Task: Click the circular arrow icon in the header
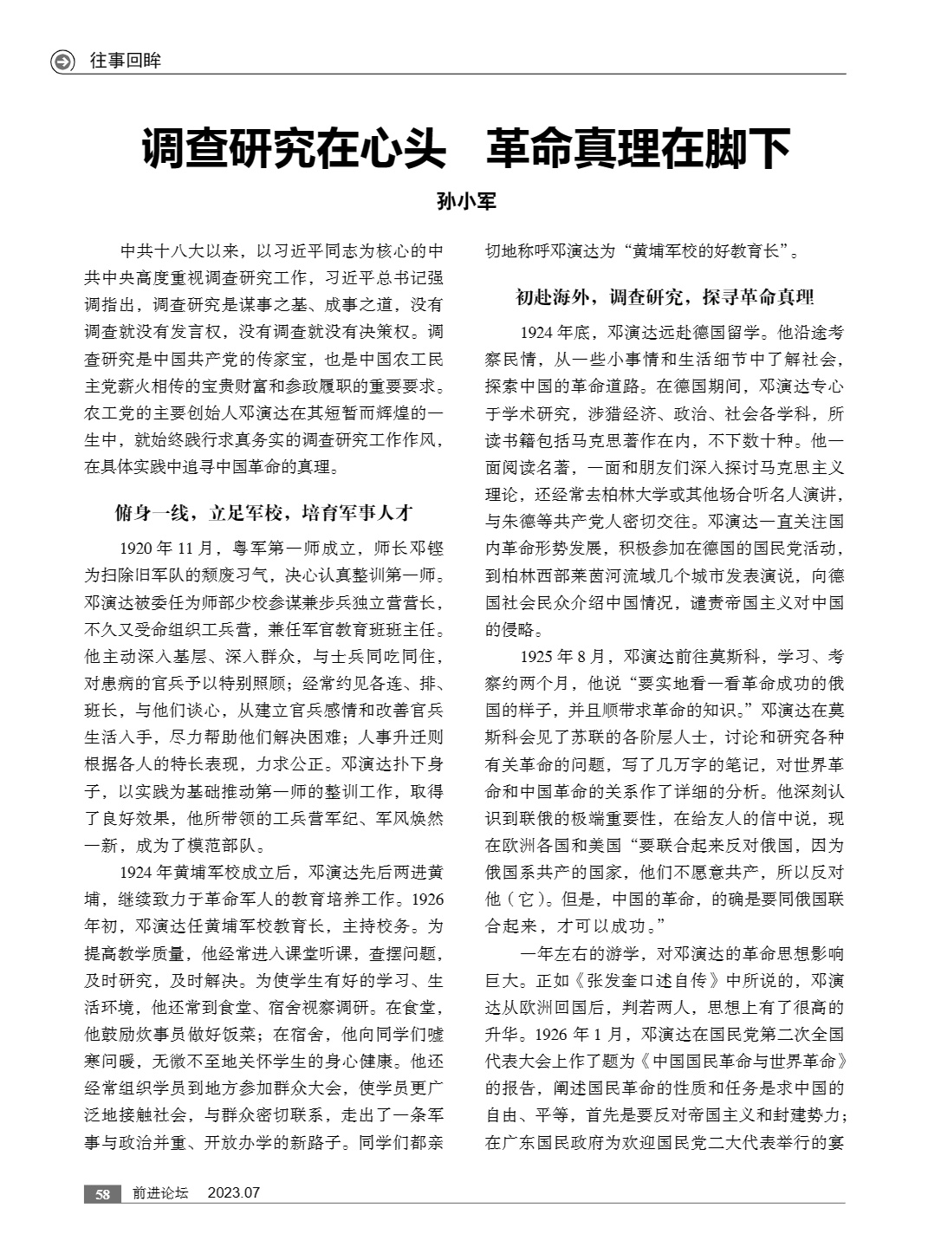pyautogui.click(x=63, y=62)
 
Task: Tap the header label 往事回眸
pyautogui.click(x=126, y=62)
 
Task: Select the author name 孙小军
pyautogui.click(x=465, y=203)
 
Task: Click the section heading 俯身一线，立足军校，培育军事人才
pyautogui.click(x=263, y=512)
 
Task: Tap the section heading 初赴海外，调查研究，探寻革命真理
pyautogui.click(x=665, y=297)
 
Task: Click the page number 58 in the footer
pyautogui.click(x=102, y=1193)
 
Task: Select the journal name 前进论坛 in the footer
pyautogui.click(x=160, y=1193)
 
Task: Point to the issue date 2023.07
pyautogui.click(x=234, y=1193)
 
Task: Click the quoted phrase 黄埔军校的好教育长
pyautogui.click(x=706, y=252)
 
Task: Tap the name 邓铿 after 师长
pyautogui.click(x=428, y=548)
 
